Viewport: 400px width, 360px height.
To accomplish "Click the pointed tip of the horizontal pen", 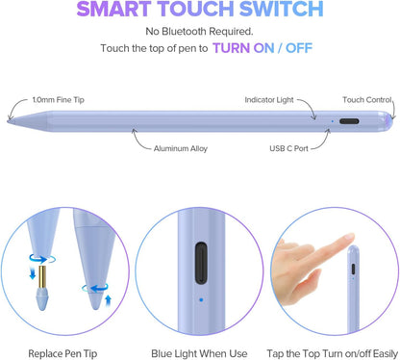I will pos(12,121).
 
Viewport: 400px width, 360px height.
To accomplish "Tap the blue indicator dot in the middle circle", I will pos(198,297).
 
